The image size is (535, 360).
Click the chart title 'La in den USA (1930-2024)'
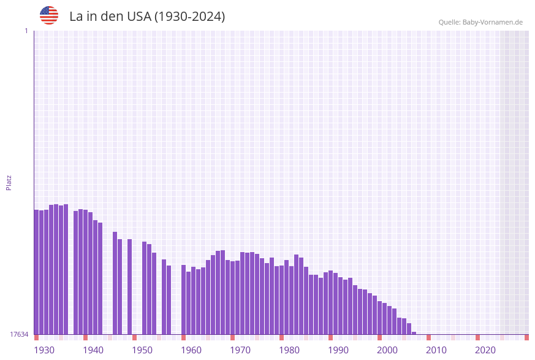pyautogui.click(x=147, y=17)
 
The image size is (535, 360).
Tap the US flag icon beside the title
pyautogui.click(x=49, y=15)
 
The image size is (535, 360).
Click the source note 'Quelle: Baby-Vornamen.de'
pyautogui.click(x=480, y=22)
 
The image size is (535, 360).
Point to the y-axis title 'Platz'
pyautogui.click(x=9, y=182)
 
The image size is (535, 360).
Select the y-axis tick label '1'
pyautogui.click(x=26, y=31)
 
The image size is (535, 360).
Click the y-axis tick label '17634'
pyautogui.click(x=19, y=334)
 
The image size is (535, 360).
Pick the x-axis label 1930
pyautogui.click(x=44, y=350)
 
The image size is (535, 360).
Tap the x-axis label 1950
pyautogui.click(x=142, y=350)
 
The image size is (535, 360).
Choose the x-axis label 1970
pyautogui.click(x=240, y=350)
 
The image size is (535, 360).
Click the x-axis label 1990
pyautogui.click(x=338, y=350)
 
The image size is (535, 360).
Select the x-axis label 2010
pyautogui.click(x=436, y=350)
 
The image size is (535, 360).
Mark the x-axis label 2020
pyautogui.click(x=485, y=350)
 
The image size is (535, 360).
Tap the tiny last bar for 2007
pyautogui.click(x=414, y=333)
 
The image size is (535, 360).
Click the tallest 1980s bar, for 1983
pyautogui.click(x=296, y=294)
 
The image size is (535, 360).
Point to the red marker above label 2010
pyautogui.click(x=428, y=337)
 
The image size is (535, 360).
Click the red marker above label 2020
pyautogui.click(x=477, y=337)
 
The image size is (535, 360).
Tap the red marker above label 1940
pyautogui.click(x=85, y=337)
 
